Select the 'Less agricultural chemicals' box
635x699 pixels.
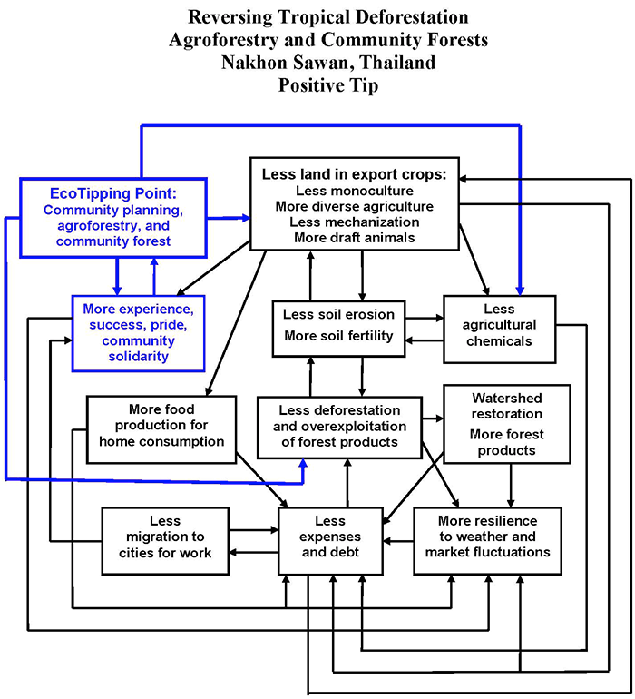click(x=499, y=324)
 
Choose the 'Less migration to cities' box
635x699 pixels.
click(x=159, y=539)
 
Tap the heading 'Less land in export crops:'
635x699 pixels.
click(x=357, y=173)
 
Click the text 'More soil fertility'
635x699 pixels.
click(x=338, y=336)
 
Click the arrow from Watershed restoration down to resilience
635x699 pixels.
click(x=511, y=486)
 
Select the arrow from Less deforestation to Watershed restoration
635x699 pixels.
click(x=433, y=419)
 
